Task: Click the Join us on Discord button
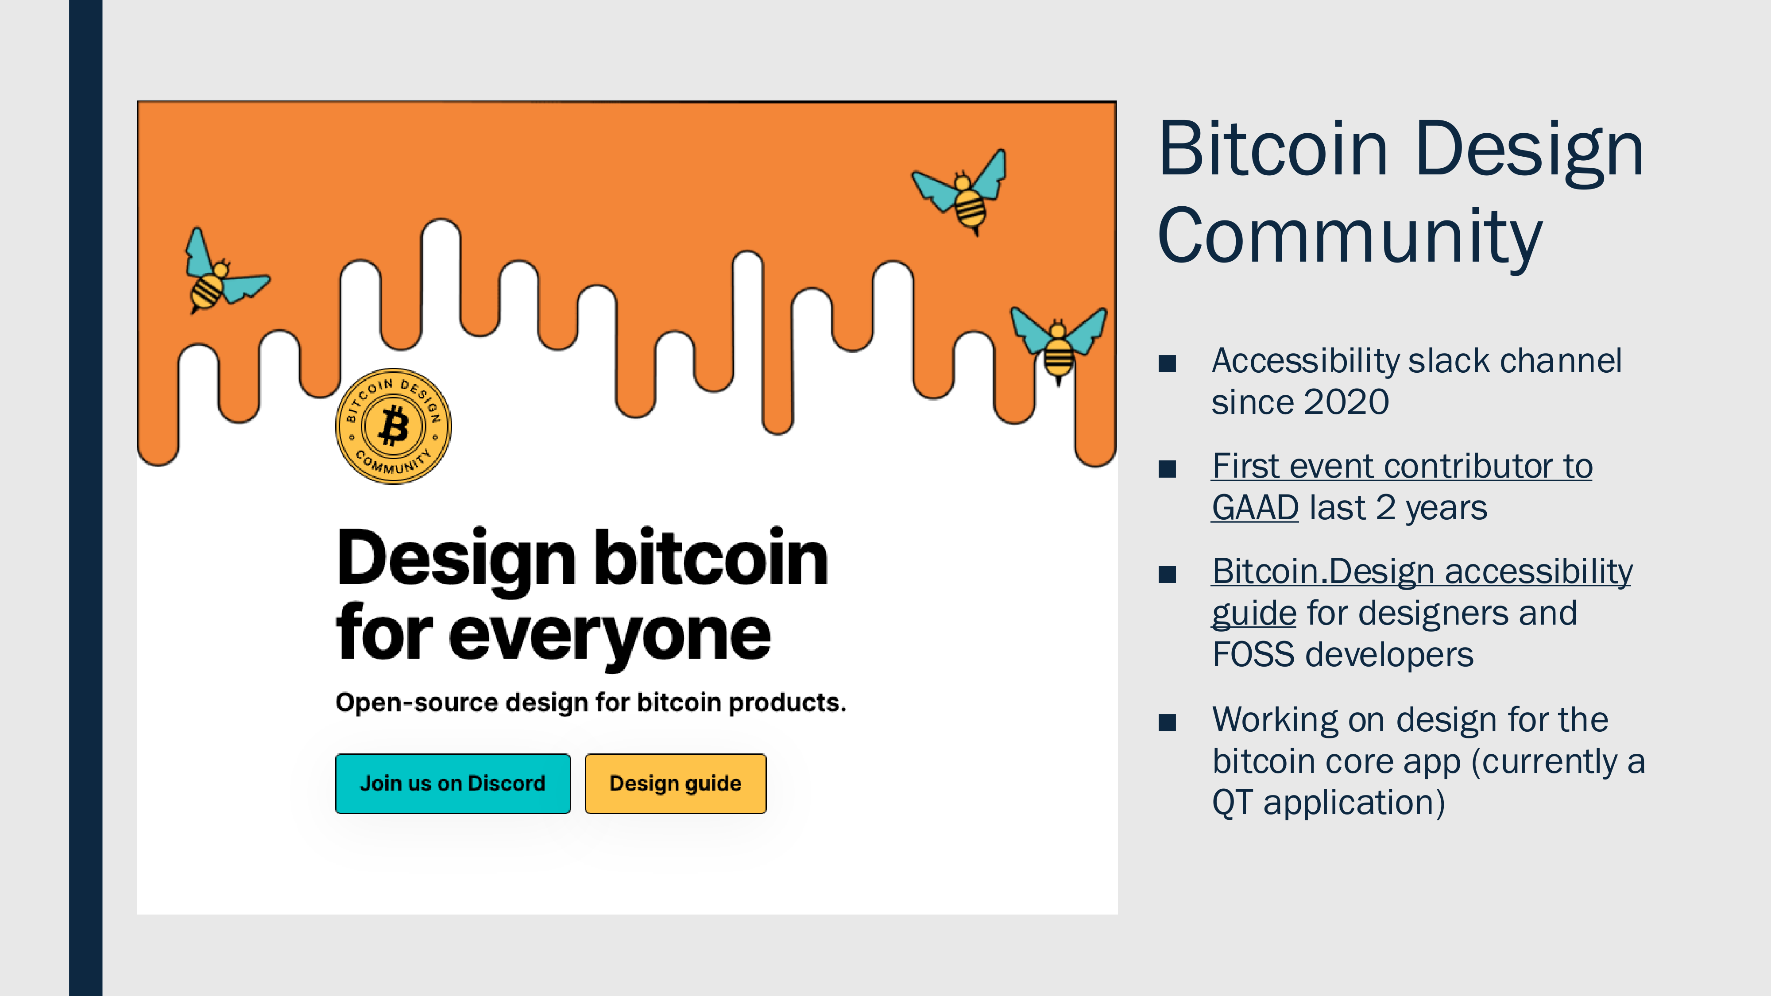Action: click(452, 784)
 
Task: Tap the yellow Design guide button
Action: click(675, 784)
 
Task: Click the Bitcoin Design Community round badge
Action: click(393, 426)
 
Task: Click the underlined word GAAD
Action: click(1255, 508)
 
